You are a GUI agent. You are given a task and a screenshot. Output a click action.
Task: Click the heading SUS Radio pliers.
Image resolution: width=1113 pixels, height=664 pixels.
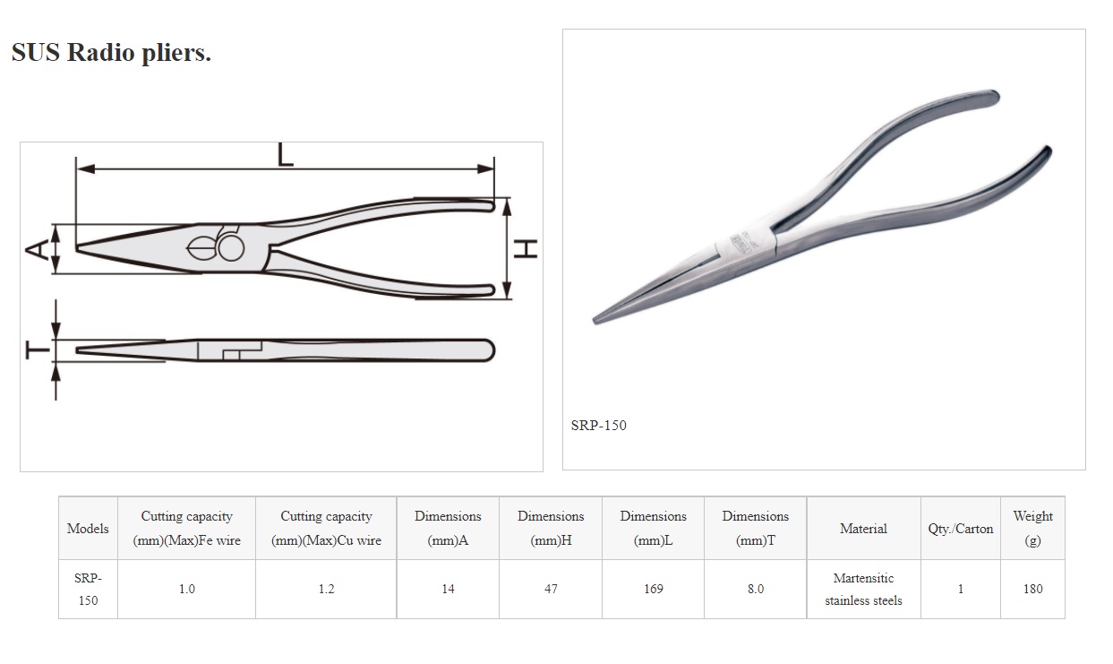click(x=111, y=52)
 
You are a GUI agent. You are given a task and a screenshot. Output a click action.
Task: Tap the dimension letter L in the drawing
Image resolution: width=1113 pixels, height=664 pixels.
click(x=285, y=155)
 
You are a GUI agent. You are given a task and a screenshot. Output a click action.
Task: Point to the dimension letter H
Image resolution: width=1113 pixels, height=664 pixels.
click(x=526, y=249)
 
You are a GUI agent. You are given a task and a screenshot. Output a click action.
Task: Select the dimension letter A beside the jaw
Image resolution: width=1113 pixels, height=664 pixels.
click(x=37, y=250)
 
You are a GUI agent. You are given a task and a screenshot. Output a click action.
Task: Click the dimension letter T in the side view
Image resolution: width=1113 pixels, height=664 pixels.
click(x=38, y=350)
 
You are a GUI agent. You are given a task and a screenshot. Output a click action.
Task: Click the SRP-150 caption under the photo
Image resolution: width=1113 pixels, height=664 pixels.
click(x=598, y=426)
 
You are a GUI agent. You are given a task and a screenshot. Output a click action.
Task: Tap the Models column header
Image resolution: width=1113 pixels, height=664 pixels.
click(x=88, y=528)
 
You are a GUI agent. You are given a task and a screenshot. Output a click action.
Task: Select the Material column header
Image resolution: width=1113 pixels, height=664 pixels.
click(x=863, y=528)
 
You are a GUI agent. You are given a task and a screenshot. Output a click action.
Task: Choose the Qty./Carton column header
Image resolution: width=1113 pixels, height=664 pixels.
click(x=961, y=529)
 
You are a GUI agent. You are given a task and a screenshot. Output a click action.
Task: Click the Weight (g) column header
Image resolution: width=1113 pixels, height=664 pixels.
click(x=1032, y=528)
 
